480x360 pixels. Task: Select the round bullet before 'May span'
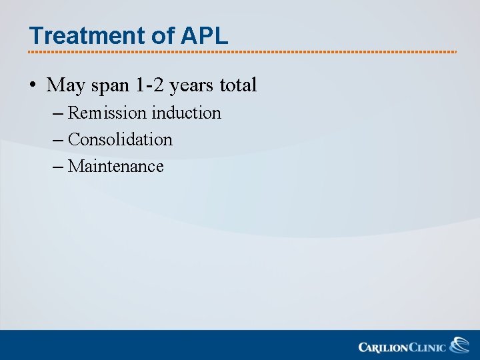point(32,85)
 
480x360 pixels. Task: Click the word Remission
point(107,113)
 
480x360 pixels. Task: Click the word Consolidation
point(120,140)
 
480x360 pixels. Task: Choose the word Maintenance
point(115,167)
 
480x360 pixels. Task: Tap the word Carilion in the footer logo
point(382,347)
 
